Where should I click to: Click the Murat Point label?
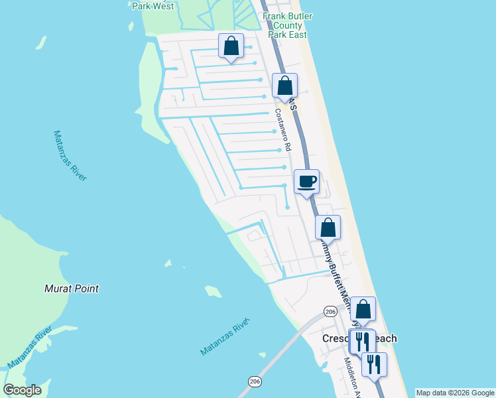72,289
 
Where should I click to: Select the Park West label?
153,6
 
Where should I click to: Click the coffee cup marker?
306,181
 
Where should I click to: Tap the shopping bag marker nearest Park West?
231,46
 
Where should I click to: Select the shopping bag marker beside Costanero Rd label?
284,86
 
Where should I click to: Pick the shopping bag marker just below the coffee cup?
328,228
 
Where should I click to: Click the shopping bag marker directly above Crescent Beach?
363,310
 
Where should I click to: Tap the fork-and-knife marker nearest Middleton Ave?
374,364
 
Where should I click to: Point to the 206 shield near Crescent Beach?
331,312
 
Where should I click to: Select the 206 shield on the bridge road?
255,381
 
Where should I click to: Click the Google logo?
22,390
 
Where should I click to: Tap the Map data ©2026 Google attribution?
455,393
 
